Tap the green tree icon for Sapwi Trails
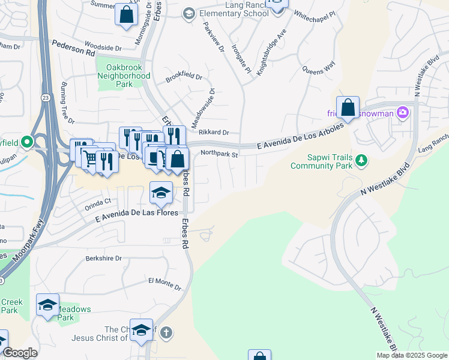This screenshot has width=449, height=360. coord(361,160)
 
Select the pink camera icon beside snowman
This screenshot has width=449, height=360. coord(402,112)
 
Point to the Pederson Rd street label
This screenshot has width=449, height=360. coord(73,48)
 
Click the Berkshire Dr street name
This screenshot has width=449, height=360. coord(103,258)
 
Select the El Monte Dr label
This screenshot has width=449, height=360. coord(164,281)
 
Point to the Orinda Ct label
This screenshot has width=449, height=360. coord(99,202)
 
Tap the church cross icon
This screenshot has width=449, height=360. coord(166,331)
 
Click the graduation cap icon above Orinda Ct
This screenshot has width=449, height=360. coord(161,192)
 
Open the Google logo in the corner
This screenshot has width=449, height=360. coord(20,353)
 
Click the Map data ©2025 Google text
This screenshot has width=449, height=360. coord(412,355)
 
